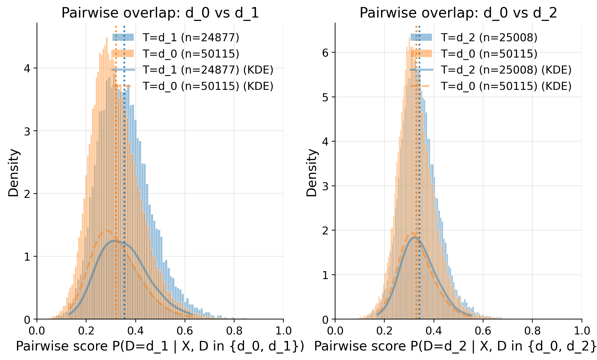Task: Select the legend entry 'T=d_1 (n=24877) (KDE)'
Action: pyautogui.click(x=208, y=70)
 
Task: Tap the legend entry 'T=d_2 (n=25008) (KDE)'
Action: pyautogui.click(x=506, y=70)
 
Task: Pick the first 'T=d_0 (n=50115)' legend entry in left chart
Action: pyautogui.click(x=191, y=54)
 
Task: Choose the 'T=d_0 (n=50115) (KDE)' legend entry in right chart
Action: pyautogui.click(x=506, y=86)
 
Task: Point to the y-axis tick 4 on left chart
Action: pyautogui.click(x=27, y=68)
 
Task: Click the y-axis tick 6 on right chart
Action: pyautogui.click(x=325, y=53)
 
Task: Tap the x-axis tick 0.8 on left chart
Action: pyautogui.click(x=234, y=331)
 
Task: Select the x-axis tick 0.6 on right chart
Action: pyautogui.click(x=483, y=331)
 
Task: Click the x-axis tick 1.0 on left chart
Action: pyautogui.click(x=283, y=331)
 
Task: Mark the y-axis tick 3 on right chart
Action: pyautogui.click(x=325, y=186)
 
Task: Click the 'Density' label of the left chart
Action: pyautogui.click(x=14, y=173)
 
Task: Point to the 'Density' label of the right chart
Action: pyautogui.click(x=312, y=173)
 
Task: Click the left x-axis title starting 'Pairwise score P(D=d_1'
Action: pyautogui.click(x=160, y=346)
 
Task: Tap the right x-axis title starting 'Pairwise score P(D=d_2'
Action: pyautogui.click(x=455, y=346)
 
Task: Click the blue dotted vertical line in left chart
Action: pyautogui.click(x=124, y=185)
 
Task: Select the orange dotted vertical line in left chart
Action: pyautogui.click(x=116, y=185)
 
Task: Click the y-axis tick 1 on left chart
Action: pyautogui.click(x=27, y=257)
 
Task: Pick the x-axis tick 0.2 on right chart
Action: pyautogui.click(x=384, y=331)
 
